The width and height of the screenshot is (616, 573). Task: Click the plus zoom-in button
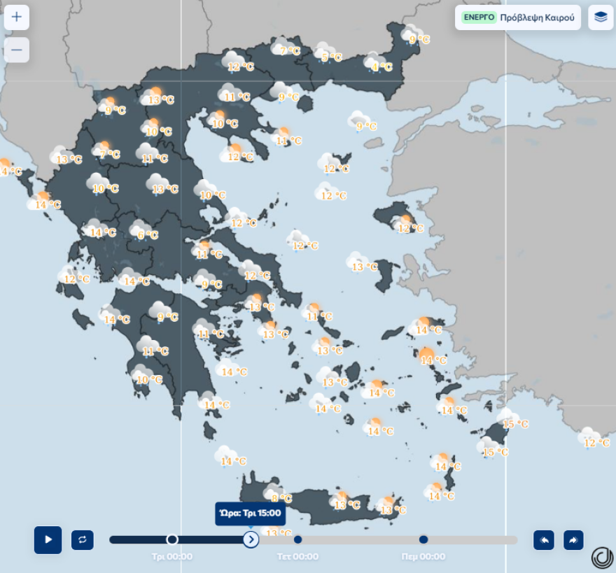(x=17, y=17)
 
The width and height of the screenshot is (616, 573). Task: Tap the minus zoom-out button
(x=17, y=50)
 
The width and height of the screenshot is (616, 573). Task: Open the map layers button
(x=601, y=17)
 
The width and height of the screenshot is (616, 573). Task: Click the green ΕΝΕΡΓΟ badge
(x=479, y=17)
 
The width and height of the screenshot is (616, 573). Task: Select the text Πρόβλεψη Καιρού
(x=537, y=17)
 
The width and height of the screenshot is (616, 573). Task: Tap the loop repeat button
(x=83, y=539)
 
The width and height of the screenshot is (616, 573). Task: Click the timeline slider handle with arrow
(x=251, y=539)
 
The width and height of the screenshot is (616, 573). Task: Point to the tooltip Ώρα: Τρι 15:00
(x=250, y=513)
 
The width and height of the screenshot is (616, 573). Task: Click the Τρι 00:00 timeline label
(x=172, y=557)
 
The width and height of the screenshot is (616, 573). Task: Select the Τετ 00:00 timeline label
(x=297, y=557)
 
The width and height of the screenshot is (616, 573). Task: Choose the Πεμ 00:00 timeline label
(x=423, y=557)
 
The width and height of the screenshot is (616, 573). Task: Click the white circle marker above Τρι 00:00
(x=172, y=539)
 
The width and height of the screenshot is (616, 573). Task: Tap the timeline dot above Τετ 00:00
(x=297, y=539)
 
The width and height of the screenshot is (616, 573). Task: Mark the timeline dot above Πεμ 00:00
(x=423, y=539)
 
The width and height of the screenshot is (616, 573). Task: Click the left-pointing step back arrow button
(x=544, y=539)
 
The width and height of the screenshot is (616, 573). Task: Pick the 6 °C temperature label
(x=147, y=235)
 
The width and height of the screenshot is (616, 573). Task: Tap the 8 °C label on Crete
(x=281, y=498)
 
